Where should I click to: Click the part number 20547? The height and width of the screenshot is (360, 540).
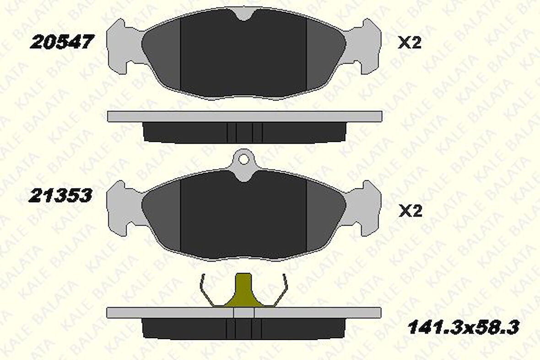62,43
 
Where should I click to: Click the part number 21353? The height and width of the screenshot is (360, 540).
61,196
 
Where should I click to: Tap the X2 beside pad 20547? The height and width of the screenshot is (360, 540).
409,43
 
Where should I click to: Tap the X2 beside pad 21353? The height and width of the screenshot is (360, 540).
410,211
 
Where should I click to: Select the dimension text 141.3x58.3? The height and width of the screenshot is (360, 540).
463,328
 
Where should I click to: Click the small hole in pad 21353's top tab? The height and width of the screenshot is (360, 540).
243,160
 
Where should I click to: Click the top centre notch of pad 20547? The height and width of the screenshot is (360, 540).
243,14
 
